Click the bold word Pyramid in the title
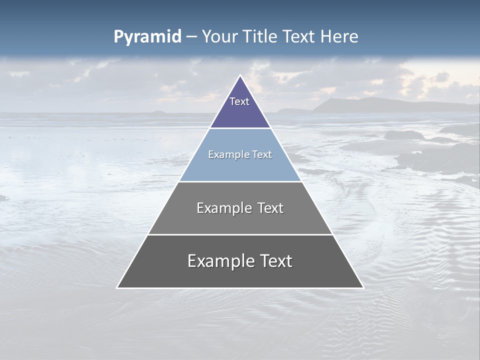[147, 37]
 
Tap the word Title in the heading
[259, 36]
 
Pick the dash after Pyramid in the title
[191, 37]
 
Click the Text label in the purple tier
[239, 101]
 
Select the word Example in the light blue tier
[226, 154]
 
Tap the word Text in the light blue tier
[261, 154]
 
